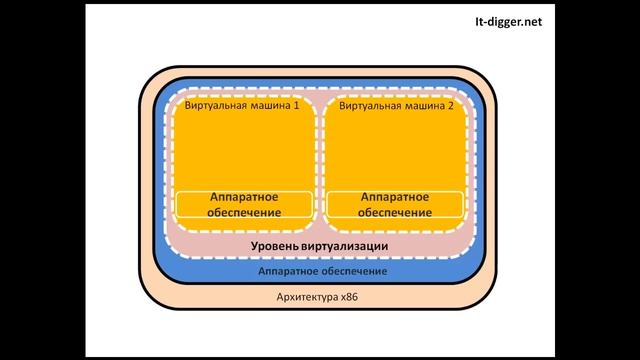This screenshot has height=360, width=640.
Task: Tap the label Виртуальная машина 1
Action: pos(243,105)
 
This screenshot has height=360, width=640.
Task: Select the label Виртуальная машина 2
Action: pos(397,105)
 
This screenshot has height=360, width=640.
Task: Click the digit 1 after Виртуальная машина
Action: pos(297,105)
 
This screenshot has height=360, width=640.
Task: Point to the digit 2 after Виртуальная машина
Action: pos(451,105)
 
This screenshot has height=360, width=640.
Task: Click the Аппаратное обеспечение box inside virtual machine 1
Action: pos(243,205)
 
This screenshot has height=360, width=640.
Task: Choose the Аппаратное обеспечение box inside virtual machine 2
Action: pos(395,205)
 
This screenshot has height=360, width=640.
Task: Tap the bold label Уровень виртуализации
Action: pos(318,246)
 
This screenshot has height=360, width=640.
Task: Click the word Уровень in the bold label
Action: pos(273,246)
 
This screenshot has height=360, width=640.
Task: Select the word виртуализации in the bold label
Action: pos(343,246)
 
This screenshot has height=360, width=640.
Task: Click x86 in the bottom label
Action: pos(348,297)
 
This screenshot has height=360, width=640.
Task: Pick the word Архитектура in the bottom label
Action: pos(305,297)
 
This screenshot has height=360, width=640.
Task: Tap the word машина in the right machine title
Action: pos(422,105)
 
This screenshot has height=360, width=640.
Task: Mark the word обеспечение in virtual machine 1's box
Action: pos(243,213)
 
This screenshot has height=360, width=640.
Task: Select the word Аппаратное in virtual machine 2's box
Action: pos(395,197)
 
